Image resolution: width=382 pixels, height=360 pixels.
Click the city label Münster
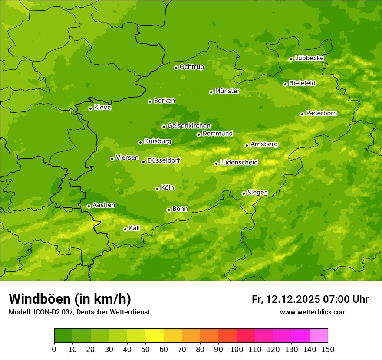(227, 91)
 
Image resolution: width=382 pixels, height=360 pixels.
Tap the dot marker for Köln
(157, 189)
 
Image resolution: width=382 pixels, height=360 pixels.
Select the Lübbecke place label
(309, 58)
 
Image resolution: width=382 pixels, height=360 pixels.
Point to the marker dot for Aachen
(89, 206)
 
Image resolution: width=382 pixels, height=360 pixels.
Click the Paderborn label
(321, 113)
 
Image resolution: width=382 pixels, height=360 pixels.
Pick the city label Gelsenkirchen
(189, 126)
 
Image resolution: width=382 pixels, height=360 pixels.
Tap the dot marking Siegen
(244, 193)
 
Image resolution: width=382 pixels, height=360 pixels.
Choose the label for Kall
(135, 228)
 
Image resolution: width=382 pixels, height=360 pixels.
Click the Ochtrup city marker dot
(176, 68)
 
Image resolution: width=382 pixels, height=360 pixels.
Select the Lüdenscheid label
(239, 163)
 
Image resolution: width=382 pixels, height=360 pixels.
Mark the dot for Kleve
(90, 108)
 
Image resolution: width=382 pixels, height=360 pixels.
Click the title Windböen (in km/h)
(70, 299)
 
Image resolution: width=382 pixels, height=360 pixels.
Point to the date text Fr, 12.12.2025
(286, 299)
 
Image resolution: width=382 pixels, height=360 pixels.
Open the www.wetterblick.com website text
(313, 312)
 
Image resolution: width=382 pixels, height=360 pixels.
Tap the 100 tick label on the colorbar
(237, 349)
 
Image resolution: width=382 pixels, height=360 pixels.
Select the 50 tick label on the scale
(145, 349)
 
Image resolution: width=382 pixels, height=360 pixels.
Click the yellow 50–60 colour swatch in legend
(155, 336)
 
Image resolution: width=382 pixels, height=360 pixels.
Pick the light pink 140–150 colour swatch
(319, 336)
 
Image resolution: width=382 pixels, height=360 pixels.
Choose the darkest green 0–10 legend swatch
(63, 336)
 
